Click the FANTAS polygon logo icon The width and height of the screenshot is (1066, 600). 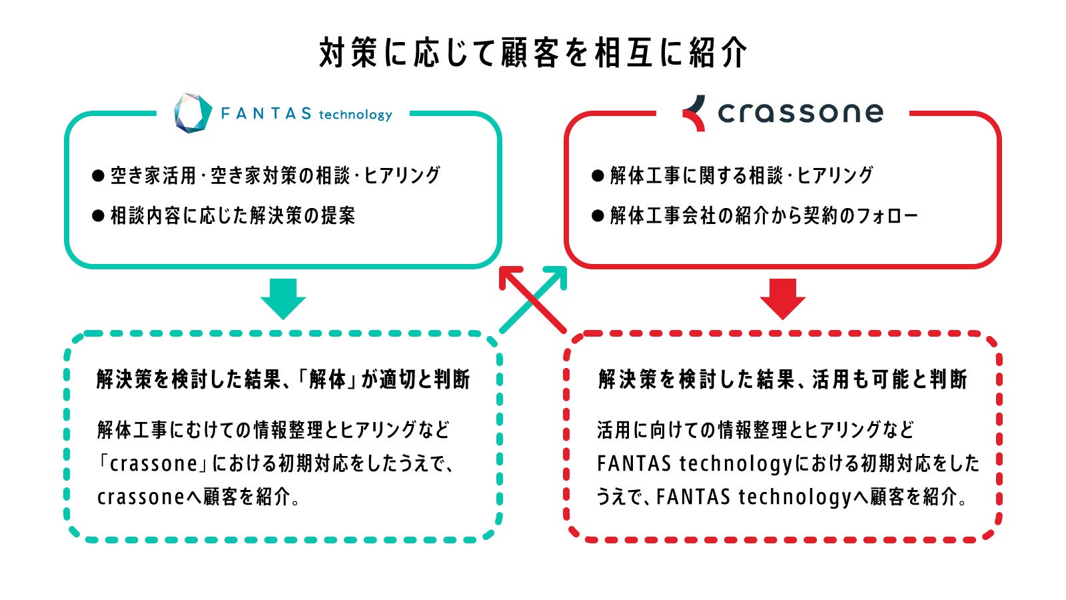coord(193,113)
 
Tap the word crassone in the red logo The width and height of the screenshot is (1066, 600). coord(800,113)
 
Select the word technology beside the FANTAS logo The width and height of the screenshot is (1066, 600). coord(355,115)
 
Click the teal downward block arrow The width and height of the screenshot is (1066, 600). coord(283,299)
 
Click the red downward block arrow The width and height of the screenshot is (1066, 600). coord(783,299)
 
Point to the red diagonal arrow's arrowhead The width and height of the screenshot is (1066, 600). coord(509,275)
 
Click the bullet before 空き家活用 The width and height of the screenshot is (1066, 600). coord(99,176)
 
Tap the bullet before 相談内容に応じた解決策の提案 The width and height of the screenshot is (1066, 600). coord(99,216)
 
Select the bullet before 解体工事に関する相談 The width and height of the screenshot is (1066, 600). coord(598,176)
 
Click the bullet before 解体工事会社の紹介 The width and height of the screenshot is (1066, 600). coord(598,216)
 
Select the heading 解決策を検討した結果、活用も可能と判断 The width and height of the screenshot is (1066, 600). coord(782,379)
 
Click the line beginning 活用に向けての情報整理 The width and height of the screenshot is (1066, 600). coord(756,430)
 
